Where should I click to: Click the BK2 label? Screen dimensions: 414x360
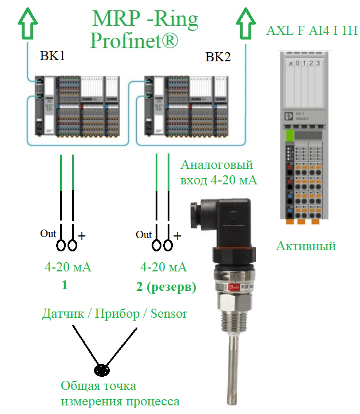pyautogui.click(x=217, y=58)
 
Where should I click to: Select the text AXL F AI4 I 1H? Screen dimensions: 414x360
pyautogui.click(x=311, y=30)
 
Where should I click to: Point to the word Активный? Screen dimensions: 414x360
pyautogui.click(x=306, y=246)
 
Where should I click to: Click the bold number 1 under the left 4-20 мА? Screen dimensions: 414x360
pyautogui.click(x=64, y=285)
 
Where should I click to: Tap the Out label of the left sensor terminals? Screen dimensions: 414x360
pyautogui.click(x=48, y=234)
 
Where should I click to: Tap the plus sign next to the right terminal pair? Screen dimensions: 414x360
pyautogui.click(x=177, y=235)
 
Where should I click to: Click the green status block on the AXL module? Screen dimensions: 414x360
pyautogui.click(x=290, y=136)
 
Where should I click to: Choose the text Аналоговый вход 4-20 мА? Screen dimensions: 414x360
pyautogui.click(x=218, y=173)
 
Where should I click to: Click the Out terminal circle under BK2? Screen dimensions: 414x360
pyautogui.click(x=156, y=245)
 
